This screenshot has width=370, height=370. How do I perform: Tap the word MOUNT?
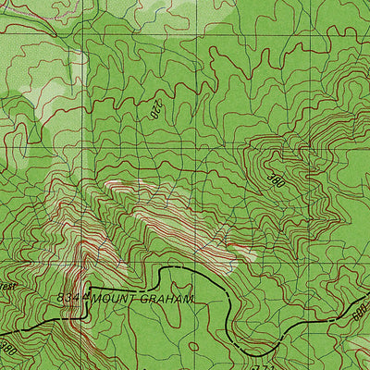(x=113, y=299)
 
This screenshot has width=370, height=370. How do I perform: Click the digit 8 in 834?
(x=61, y=298)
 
